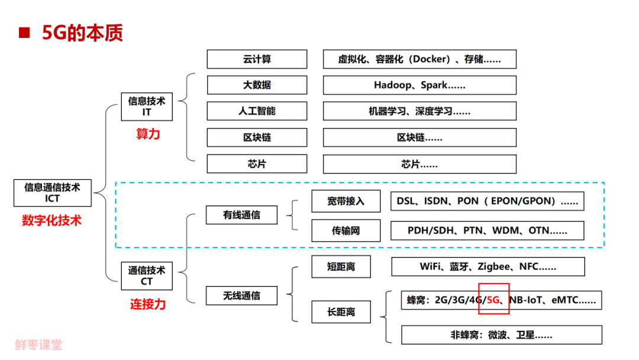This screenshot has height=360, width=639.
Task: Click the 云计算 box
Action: pos(257,59)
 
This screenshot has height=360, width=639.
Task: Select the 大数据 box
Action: pos(257,85)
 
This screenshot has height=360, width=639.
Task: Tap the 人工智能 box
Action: pos(257,111)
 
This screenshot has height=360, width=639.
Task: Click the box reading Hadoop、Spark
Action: pos(419,85)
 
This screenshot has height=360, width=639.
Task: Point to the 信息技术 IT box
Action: pos(147,107)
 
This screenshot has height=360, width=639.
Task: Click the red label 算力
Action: pos(148,134)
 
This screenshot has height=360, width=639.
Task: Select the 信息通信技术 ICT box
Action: pos(52,192)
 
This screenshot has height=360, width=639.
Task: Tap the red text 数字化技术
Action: pos(52,221)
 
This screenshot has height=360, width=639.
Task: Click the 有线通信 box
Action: pos(241,215)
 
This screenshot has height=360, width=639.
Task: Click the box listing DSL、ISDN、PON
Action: pos(487,201)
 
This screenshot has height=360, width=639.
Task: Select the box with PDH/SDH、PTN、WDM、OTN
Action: pos(487,230)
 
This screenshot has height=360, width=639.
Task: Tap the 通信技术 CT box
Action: pos(147,276)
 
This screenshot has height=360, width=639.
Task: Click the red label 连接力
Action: pos(148,305)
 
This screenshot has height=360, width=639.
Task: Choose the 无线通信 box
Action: pos(241,295)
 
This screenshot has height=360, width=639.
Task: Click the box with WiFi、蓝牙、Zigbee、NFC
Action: pos(488,266)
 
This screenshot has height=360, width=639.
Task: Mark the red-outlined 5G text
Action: pos(494,300)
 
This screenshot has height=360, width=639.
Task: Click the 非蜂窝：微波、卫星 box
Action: pos(501,335)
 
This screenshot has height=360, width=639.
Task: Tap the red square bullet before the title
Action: pos(24,33)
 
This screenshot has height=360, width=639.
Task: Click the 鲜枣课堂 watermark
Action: pos(39,345)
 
